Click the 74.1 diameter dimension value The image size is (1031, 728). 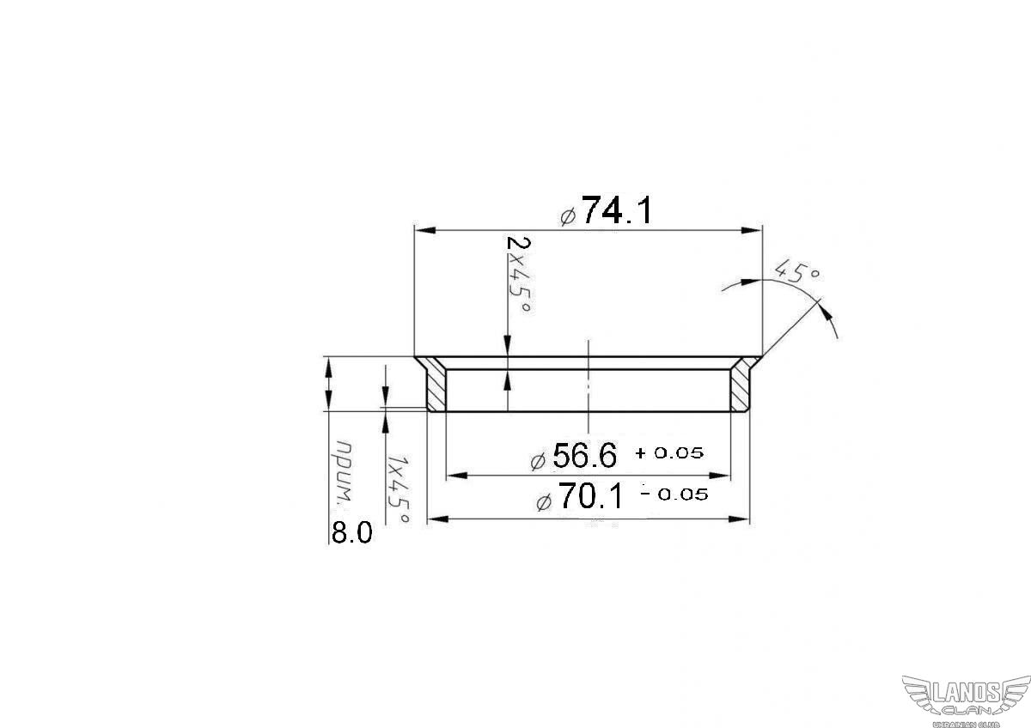point(617,210)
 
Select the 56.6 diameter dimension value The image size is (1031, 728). point(584,455)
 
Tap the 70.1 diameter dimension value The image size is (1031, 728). point(591,496)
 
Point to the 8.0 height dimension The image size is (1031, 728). point(351,533)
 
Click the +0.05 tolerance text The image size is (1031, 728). point(669,453)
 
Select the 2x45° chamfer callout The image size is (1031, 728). point(519,275)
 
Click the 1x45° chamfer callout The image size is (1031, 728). point(398,490)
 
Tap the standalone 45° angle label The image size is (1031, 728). point(797,271)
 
